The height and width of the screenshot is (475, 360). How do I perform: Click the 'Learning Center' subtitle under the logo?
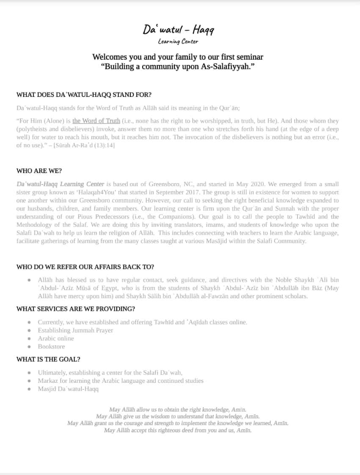click(x=178, y=41)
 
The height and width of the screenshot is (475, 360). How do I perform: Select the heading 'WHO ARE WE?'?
click(x=39, y=171)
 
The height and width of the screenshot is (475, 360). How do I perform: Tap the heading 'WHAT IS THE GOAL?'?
click(x=48, y=359)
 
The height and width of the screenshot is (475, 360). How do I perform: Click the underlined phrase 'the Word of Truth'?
click(x=96, y=121)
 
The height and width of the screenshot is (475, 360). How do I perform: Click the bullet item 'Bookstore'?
click(x=51, y=346)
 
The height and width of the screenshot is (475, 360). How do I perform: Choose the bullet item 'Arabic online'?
click(x=56, y=338)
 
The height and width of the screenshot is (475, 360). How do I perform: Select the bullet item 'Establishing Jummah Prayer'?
click(x=75, y=330)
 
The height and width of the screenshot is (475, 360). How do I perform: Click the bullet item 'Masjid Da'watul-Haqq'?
click(x=68, y=389)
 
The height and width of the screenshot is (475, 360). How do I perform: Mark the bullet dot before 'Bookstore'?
click(x=29, y=347)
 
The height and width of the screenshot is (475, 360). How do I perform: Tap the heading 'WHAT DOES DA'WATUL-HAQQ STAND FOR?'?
click(x=84, y=94)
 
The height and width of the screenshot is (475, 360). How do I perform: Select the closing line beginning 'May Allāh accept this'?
click(x=178, y=430)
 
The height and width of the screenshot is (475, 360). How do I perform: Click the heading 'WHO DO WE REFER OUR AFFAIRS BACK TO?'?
click(x=85, y=267)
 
